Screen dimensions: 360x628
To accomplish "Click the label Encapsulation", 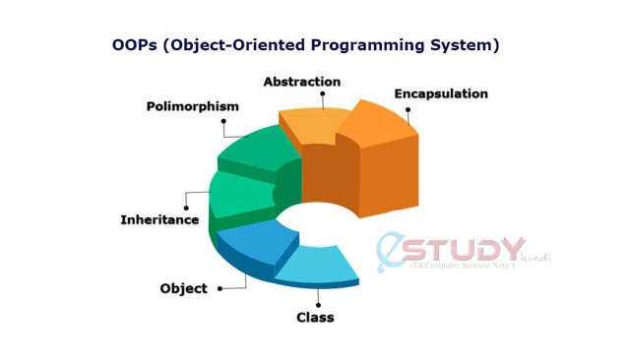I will coord(440,94).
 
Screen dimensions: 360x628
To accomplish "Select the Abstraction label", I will coord(301,82).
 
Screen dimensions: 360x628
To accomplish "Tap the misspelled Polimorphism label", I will coord(193,106).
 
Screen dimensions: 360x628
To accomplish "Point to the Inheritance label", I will coord(159,219).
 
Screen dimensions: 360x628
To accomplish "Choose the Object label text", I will coord(183,288).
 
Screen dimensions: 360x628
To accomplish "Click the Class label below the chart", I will coord(315,317).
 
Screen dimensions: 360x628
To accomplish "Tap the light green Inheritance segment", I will coord(241,192).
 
